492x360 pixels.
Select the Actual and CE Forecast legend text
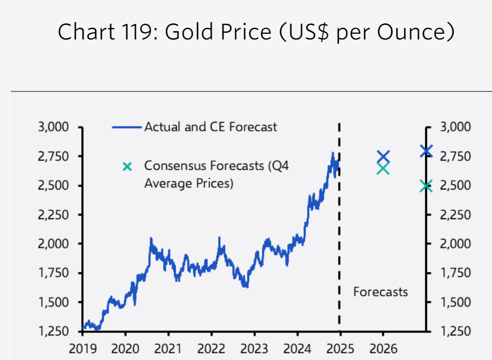pyautogui.click(x=210, y=127)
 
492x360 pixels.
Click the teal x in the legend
pyautogui.click(x=127, y=167)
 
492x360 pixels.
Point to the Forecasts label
pyautogui.click(x=380, y=292)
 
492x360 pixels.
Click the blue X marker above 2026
pyautogui.click(x=383, y=156)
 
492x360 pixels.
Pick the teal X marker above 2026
pyautogui.click(x=383, y=168)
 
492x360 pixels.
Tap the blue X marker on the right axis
pyautogui.click(x=426, y=151)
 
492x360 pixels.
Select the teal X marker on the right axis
pyautogui.click(x=426, y=186)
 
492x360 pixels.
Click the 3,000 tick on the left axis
pyautogui.click(x=54, y=127)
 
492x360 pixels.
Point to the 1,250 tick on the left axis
pyautogui.click(x=54, y=331)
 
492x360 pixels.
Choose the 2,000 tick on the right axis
pyautogui.click(x=455, y=244)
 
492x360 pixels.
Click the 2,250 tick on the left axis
pyautogui.click(x=54, y=215)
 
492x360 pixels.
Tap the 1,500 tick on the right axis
pyautogui.click(x=455, y=302)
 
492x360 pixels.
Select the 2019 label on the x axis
pyautogui.click(x=83, y=349)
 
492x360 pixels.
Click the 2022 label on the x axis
pyautogui.click(x=211, y=349)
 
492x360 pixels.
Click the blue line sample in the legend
pyautogui.click(x=127, y=127)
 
